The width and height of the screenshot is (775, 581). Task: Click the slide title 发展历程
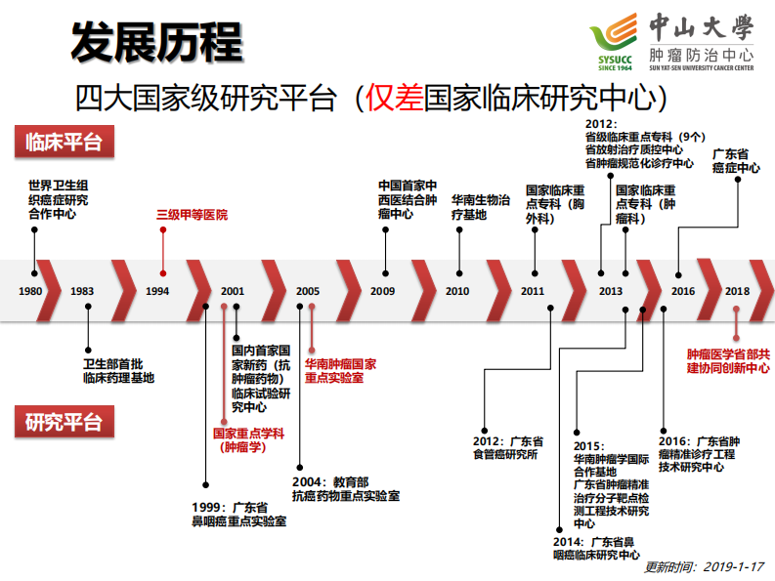pos(156,42)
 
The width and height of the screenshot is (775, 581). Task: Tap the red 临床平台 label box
pos(65,142)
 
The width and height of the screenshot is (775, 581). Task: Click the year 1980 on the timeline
pos(30,291)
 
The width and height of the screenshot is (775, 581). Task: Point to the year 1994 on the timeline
pos(156,291)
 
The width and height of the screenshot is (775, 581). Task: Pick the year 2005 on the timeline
pos(308,291)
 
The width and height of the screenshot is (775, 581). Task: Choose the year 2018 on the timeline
pos(737,291)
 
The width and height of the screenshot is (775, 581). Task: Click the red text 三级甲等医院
pos(193,214)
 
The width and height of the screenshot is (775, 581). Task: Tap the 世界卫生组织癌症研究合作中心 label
pos(58,199)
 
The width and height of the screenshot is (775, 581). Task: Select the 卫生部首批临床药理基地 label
pos(118,370)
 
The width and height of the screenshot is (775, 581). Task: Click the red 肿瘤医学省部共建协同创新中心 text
pos(727,360)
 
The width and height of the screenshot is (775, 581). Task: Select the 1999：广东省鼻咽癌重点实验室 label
pos(238,515)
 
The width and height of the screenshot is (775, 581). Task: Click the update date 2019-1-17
pos(733,567)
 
